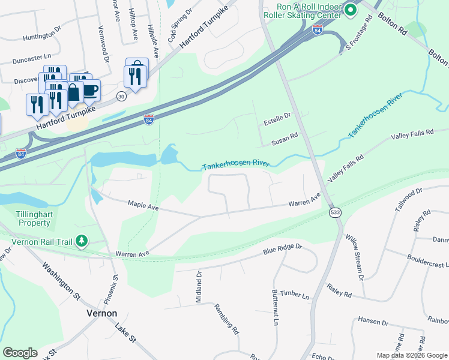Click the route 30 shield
click(x=121, y=96)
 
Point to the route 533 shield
click(x=334, y=213)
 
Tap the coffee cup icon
click(x=90, y=91)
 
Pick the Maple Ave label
click(x=143, y=205)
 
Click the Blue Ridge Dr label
click(x=282, y=248)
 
